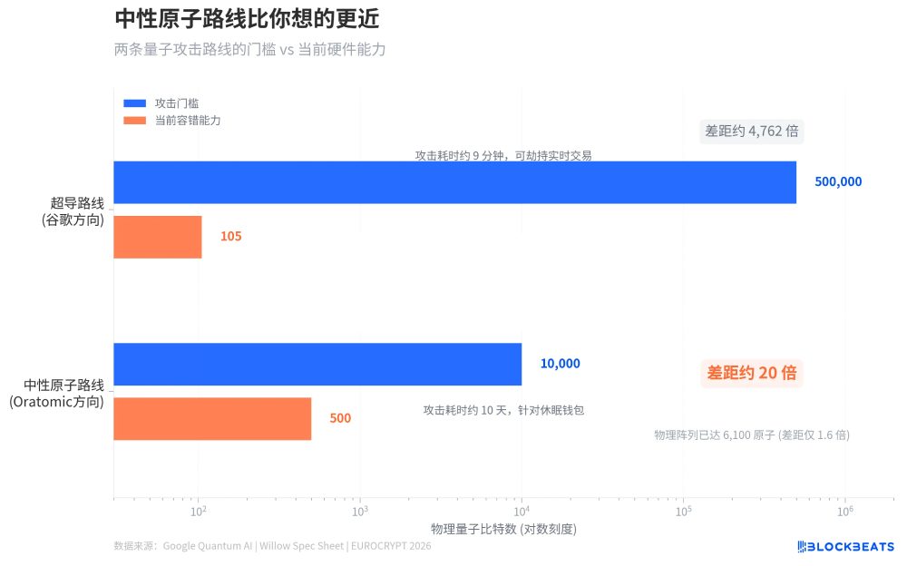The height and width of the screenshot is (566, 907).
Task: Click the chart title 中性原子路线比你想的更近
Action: [x=247, y=18]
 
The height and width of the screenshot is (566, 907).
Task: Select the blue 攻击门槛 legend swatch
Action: [x=134, y=103]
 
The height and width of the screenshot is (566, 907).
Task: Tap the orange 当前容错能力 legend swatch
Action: [x=134, y=121]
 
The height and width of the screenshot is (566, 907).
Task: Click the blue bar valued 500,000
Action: [x=454, y=182]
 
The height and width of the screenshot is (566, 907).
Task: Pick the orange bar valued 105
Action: [x=158, y=237]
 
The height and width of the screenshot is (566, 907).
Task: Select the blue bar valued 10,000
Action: [x=317, y=364]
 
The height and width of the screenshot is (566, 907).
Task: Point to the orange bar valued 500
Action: [x=212, y=418]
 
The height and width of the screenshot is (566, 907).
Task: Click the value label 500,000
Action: [x=838, y=182]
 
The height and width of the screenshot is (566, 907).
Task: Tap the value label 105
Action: [x=230, y=237]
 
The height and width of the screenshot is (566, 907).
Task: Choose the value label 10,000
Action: [x=560, y=364]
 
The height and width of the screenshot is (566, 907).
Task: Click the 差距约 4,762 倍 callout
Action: [x=752, y=132]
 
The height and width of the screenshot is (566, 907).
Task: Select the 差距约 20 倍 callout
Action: [x=752, y=373]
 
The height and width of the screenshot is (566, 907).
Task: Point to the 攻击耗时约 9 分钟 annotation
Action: [x=503, y=155]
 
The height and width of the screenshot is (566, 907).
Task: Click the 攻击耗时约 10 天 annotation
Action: [x=503, y=410]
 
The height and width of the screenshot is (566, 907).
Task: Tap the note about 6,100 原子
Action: [x=752, y=435]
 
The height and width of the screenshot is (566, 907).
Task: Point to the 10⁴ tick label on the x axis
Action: [x=522, y=512]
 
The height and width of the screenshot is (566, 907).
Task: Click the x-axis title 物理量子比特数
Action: [x=503, y=529]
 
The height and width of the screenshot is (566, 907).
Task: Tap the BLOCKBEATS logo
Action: [x=845, y=546]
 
